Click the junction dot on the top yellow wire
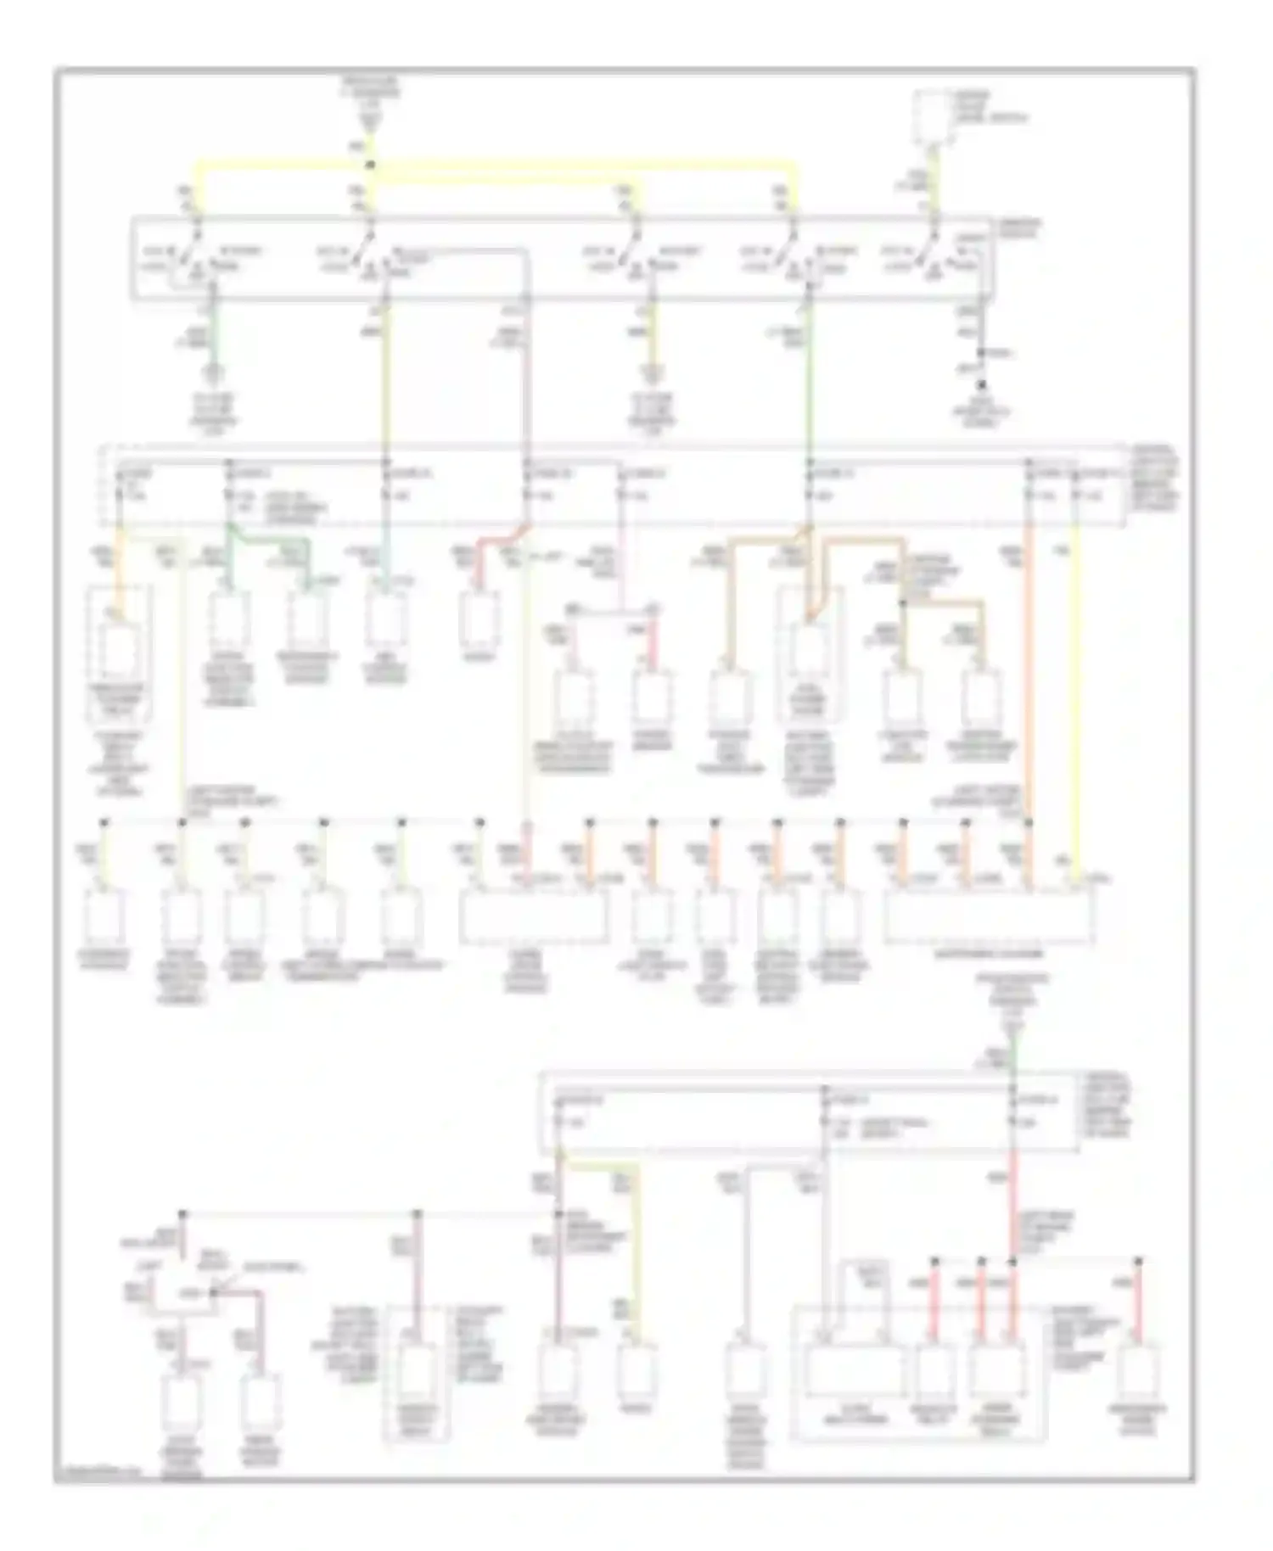(370, 165)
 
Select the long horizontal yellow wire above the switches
(586, 164)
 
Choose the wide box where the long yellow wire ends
(989, 916)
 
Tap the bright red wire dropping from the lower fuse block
(1012, 1205)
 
